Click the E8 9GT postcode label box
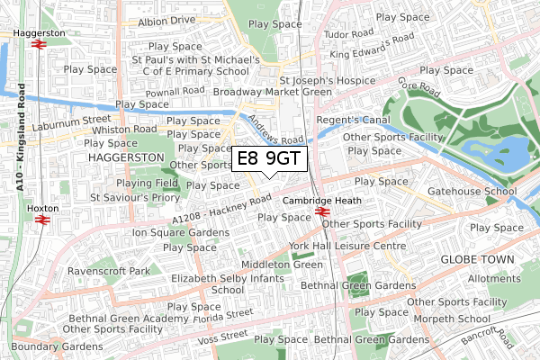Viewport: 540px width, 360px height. pos(269,159)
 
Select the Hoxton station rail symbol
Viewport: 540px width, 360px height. pos(40,217)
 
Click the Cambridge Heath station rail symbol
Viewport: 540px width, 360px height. pos(321,212)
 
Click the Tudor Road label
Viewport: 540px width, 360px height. pos(347,34)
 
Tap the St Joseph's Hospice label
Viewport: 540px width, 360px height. pos(327,79)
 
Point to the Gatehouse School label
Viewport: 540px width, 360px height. pos(473,192)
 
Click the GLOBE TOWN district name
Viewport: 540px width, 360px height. pos(477,259)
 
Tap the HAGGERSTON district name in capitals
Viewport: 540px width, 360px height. pos(126,157)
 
